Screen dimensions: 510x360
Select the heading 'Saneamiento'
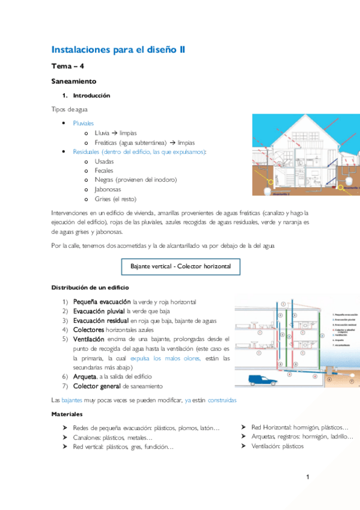pyautogui.click(x=74, y=81)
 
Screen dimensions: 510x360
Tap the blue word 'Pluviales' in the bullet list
pyautogui.click(x=84, y=123)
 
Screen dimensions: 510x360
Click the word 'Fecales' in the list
pyautogui.click(x=104, y=171)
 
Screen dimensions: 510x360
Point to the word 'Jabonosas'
pyautogui.click(x=108, y=189)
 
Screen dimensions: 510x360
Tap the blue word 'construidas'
pyautogui.click(x=222, y=399)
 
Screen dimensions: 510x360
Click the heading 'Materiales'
pyautogui.click(x=67, y=414)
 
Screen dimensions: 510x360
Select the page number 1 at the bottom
pyautogui.click(x=307, y=478)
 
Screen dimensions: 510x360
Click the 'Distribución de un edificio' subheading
pyautogui.click(x=90, y=287)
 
